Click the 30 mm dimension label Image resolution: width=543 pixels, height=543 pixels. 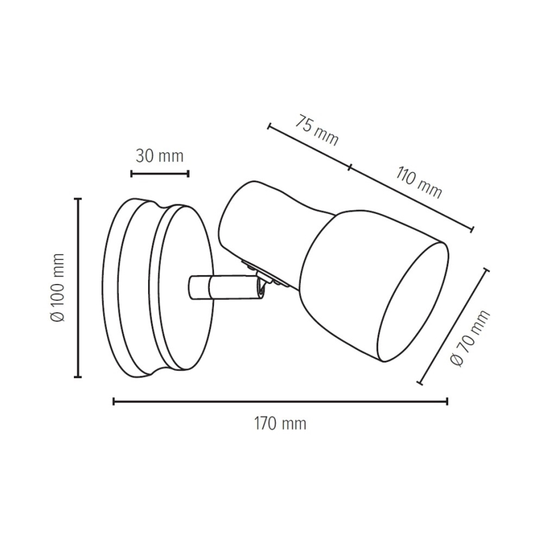160,156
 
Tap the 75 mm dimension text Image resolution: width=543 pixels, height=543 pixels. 317,130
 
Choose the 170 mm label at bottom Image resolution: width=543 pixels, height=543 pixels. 280,424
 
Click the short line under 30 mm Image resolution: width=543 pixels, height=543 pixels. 160,173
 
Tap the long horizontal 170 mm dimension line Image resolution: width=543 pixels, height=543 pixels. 280,401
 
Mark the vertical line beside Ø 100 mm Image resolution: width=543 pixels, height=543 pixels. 78,288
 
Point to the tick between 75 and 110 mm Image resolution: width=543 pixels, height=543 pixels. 350,167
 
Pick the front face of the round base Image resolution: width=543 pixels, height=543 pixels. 181,288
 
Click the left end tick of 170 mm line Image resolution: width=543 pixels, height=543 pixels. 114,401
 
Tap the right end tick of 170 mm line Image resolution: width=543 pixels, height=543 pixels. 447,401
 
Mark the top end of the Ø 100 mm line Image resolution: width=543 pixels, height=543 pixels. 78,199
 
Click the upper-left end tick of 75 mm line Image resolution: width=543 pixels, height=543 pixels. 268,126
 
